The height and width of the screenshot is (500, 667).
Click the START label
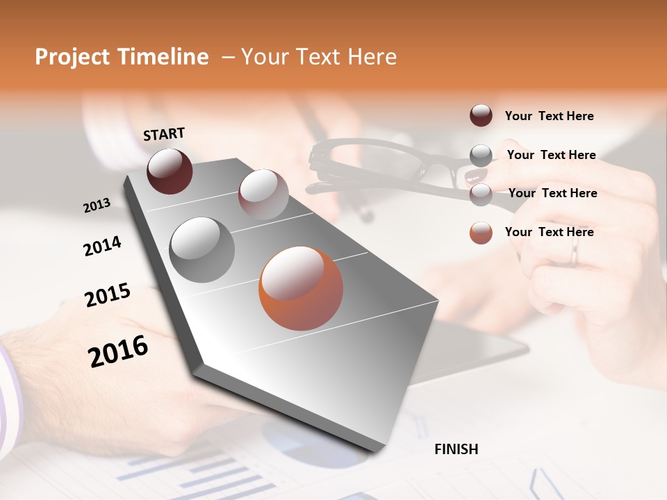[x=164, y=134]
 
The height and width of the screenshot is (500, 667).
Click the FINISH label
[x=456, y=449]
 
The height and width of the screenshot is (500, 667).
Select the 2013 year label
[x=97, y=206]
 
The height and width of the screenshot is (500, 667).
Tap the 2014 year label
[x=102, y=247]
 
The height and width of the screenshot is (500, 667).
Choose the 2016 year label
[x=118, y=351]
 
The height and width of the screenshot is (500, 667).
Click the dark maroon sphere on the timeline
[x=170, y=171]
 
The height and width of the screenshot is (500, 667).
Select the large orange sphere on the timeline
[x=301, y=288]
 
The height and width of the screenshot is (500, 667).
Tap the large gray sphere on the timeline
[x=202, y=250]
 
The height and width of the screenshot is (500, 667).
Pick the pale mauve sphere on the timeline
[x=263, y=194]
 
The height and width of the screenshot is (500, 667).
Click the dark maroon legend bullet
[x=481, y=116]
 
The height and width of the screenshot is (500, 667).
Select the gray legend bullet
[x=481, y=155]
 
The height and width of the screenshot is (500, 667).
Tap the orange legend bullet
[x=481, y=233]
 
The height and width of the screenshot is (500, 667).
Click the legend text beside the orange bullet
[x=549, y=232]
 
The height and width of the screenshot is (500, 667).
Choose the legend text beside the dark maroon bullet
[x=549, y=116]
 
